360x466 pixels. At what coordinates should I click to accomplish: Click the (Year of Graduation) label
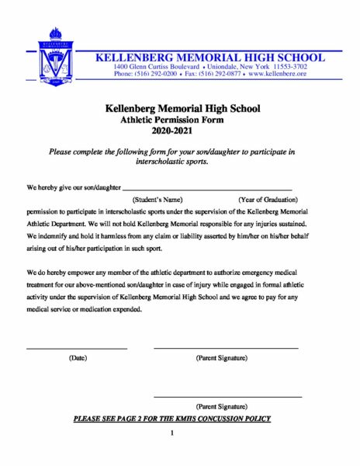coord(268,200)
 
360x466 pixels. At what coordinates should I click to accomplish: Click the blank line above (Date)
coord(77,347)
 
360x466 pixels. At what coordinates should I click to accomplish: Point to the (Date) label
coord(78,358)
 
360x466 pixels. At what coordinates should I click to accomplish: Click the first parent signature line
coord(225,347)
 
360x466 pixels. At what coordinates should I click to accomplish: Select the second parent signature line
coord(227,396)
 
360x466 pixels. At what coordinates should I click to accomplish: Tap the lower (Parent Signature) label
coord(222,407)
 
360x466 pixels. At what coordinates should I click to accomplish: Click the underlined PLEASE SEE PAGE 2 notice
coord(171,419)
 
